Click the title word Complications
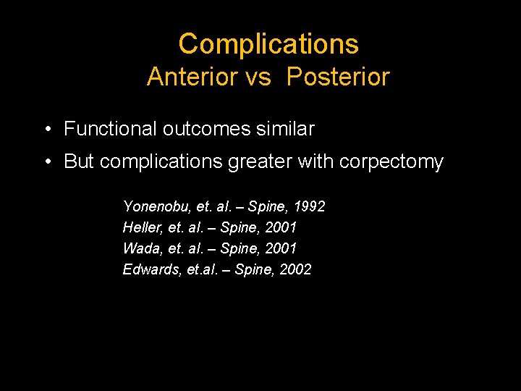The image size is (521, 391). point(268,44)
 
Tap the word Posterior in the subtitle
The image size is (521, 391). point(338,77)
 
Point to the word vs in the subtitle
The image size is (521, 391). point(258,77)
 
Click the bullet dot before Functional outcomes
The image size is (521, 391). point(46,130)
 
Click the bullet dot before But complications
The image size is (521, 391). point(46,162)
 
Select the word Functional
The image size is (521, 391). point(110,129)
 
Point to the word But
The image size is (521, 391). point(79,161)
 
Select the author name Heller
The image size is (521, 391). point(143,227)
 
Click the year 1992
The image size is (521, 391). point(309,206)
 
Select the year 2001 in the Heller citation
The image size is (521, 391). point(281,227)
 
